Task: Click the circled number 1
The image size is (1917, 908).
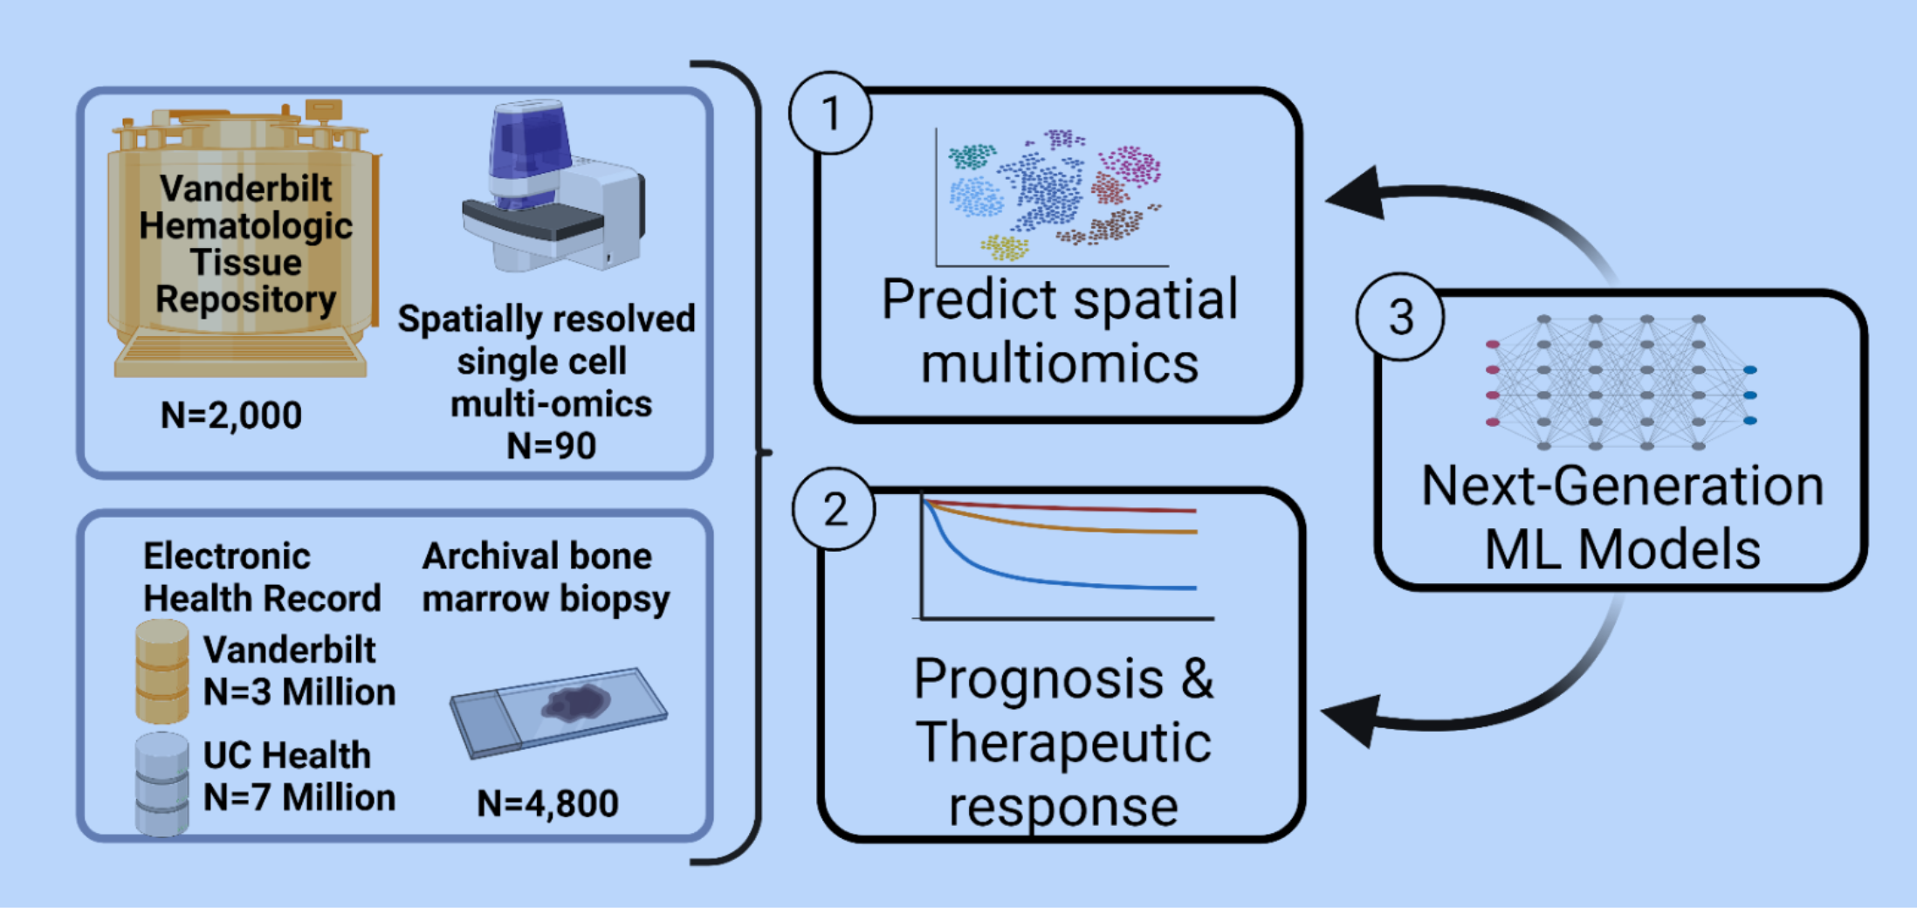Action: (x=830, y=113)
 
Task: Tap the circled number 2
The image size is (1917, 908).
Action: (x=835, y=509)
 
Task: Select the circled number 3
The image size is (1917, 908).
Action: (x=1400, y=317)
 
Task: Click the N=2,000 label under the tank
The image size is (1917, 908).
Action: (x=231, y=415)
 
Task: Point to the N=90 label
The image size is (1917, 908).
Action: (x=551, y=445)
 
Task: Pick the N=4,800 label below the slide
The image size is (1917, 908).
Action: (x=547, y=803)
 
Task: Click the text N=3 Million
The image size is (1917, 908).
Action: (x=299, y=692)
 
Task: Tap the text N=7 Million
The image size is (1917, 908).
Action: (x=299, y=797)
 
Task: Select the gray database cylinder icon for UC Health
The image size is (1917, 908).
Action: (x=162, y=783)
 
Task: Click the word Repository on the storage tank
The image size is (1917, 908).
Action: (x=246, y=299)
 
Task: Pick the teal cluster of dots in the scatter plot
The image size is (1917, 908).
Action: (x=972, y=156)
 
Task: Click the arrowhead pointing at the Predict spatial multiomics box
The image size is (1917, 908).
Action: (x=1357, y=194)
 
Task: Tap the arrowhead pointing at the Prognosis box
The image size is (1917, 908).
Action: (x=1353, y=719)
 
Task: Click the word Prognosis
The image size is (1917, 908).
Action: (x=1039, y=679)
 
